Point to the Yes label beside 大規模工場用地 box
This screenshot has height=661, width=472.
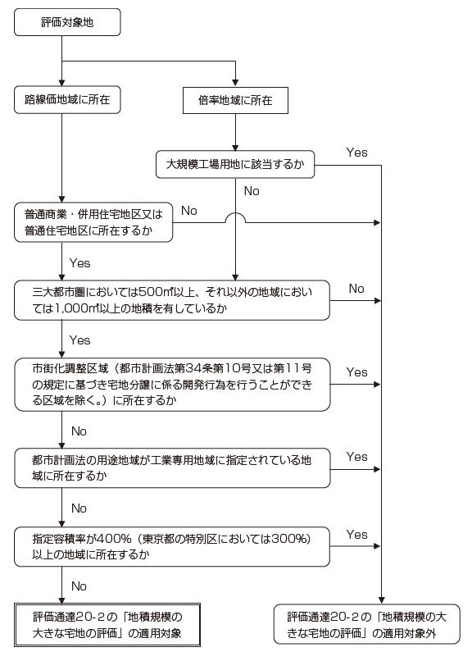pos(357,152)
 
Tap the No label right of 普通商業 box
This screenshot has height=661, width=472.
pos(188,211)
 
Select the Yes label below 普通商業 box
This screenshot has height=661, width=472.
pos(79,264)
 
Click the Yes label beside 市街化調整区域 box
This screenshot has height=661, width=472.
pos(357,372)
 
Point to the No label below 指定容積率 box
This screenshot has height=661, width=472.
pos(79,586)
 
